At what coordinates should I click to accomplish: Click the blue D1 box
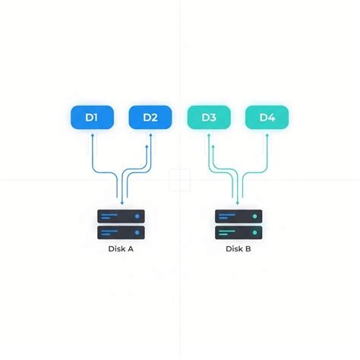tap(92, 117)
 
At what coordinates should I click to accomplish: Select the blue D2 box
tap(150, 117)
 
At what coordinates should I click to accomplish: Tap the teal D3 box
tap(209, 117)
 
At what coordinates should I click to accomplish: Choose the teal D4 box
tap(267, 117)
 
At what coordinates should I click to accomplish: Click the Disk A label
tap(121, 249)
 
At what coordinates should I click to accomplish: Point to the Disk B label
tap(238, 249)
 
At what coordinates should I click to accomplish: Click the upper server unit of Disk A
tap(121, 216)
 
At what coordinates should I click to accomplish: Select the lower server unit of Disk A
tap(121, 232)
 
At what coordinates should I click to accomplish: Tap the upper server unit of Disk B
tap(238, 216)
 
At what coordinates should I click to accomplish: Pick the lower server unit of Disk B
tap(238, 232)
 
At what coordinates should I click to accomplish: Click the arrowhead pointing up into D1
tap(93, 135)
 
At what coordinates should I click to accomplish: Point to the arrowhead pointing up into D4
tap(267, 135)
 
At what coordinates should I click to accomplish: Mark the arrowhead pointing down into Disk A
tap(122, 203)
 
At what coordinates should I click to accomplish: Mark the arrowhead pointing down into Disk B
tap(238, 203)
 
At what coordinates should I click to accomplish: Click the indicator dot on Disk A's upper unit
tap(137, 216)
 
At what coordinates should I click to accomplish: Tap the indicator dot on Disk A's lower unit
tap(137, 232)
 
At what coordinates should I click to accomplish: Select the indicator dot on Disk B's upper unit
tap(255, 216)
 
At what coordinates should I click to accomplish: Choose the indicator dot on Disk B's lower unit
tap(255, 232)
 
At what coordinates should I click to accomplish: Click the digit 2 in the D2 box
tap(154, 118)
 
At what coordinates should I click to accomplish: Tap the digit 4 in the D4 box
tap(271, 118)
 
